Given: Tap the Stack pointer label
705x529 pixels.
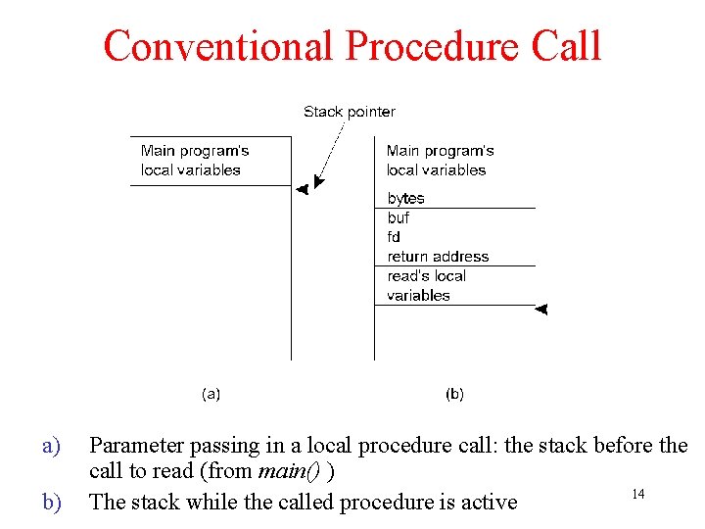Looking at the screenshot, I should click(x=349, y=112).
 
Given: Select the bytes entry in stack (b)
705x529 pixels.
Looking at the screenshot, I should click(x=405, y=198).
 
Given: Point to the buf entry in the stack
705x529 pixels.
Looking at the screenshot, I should click(x=399, y=217).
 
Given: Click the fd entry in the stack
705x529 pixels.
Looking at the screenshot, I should click(x=394, y=237).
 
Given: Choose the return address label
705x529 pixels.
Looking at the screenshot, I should click(x=438, y=257).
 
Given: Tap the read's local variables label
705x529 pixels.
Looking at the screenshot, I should click(x=427, y=285).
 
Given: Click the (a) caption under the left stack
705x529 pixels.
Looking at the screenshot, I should click(x=211, y=394).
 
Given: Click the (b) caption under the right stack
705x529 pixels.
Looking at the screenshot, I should click(x=455, y=394).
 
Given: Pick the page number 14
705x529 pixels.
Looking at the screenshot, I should click(x=637, y=494).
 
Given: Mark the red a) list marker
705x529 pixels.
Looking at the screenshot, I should click(x=52, y=446).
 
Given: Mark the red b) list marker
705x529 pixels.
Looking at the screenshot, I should click(x=52, y=503).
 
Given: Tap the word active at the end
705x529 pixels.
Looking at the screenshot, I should click(x=489, y=503).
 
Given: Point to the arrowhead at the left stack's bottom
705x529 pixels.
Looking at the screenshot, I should click(x=303, y=189).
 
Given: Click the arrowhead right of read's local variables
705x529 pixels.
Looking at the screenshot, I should click(x=541, y=309).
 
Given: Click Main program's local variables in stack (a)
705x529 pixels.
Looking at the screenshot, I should click(x=194, y=160).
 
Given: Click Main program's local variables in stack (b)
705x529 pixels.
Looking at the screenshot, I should click(x=440, y=160).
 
